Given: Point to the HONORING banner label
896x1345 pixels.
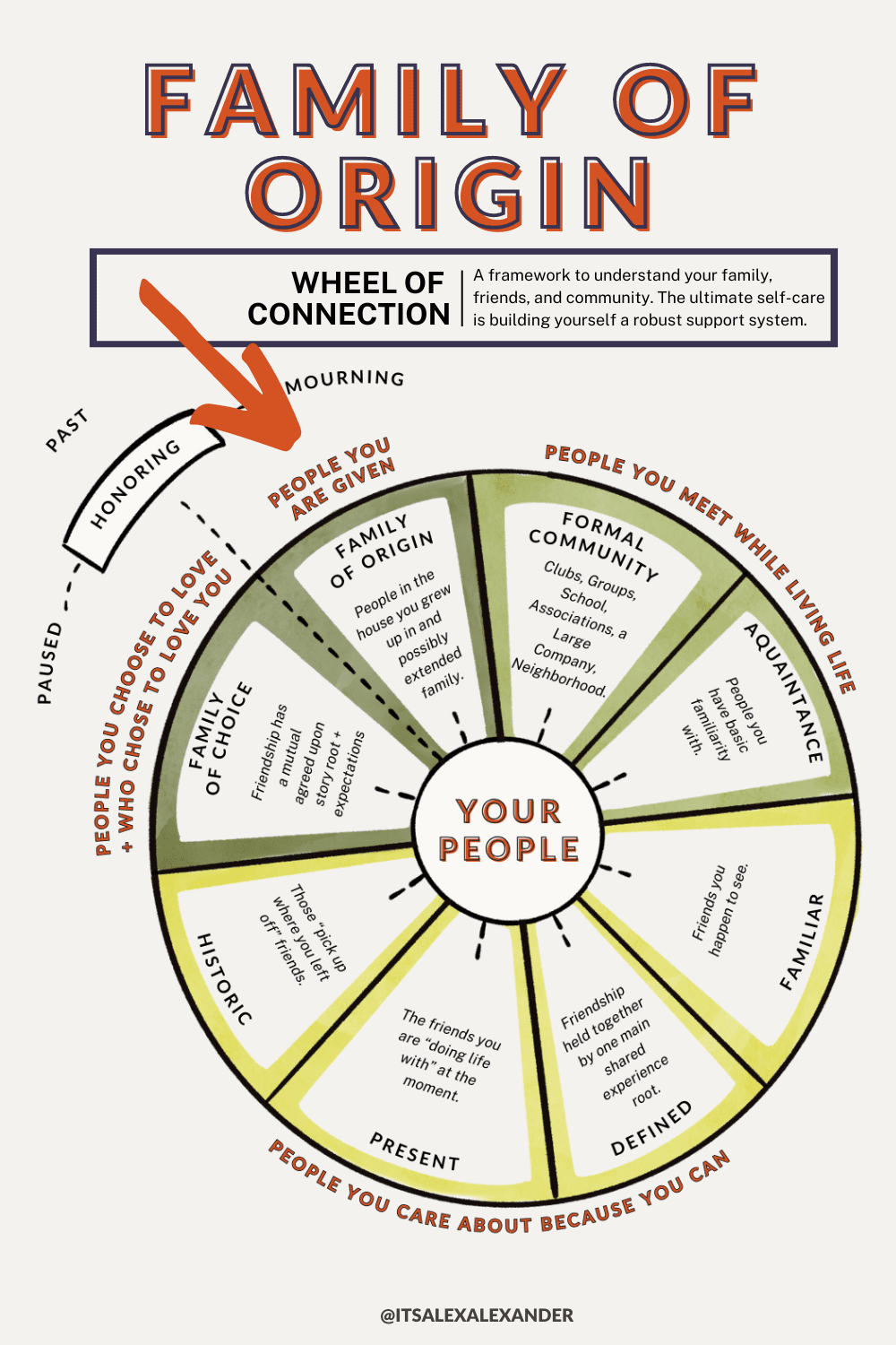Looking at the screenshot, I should (x=136, y=483).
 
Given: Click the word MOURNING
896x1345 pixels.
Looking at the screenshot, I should (x=345, y=380).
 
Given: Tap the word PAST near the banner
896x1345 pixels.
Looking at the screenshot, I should (x=67, y=430).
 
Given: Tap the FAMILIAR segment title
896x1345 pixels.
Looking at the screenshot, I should (x=802, y=941).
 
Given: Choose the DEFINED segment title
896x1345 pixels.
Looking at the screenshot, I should (x=651, y=1128).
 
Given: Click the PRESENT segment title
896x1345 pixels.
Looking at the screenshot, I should (x=415, y=1151).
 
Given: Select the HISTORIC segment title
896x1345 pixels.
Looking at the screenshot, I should (x=224, y=978).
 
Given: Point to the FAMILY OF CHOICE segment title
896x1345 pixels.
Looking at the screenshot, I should (x=220, y=740).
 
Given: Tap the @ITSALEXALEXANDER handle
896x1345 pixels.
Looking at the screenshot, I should (x=477, y=1315).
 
